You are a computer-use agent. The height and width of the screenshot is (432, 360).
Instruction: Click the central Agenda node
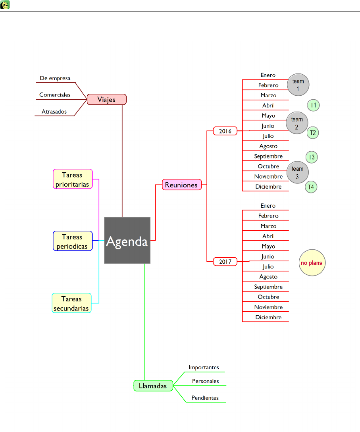click(x=127, y=240)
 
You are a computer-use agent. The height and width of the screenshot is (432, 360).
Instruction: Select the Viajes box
click(x=106, y=99)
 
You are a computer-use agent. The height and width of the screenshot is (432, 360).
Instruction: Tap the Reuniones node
click(x=181, y=185)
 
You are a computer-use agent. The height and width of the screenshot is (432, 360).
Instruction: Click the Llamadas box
click(x=153, y=386)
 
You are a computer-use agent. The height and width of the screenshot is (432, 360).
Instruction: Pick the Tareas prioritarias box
click(x=73, y=179)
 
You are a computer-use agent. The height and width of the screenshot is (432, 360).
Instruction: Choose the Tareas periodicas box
click(x=73, y=241)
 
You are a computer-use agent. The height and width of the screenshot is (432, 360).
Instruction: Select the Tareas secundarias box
click(x=71, y=303)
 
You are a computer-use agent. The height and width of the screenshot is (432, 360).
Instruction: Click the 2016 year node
click(x=225, y=131)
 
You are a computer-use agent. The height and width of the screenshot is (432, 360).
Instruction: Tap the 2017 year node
click(x=225, y=262)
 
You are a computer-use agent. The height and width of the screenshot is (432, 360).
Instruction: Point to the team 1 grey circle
click(x=298, y=85)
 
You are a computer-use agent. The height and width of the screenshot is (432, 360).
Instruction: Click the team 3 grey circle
click(x=297, y=172)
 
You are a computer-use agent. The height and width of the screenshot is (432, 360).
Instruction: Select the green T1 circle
click(x=313, y=105)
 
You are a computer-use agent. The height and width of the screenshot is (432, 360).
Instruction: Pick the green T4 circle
click(x=311, y=187)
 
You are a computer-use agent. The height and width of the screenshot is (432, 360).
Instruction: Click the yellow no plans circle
click(x=312, y=263)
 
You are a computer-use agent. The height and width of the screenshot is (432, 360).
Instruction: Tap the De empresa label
click(x=55, y=78)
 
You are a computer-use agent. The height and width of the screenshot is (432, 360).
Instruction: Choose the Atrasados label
click(x=54, y=112)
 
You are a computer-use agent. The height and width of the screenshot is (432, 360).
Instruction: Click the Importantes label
click(x=204, y=367)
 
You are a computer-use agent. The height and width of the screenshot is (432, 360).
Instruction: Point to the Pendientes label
click(x=205, y=398)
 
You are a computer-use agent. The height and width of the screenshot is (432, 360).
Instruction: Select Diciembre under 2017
click(x=268, y=317)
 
